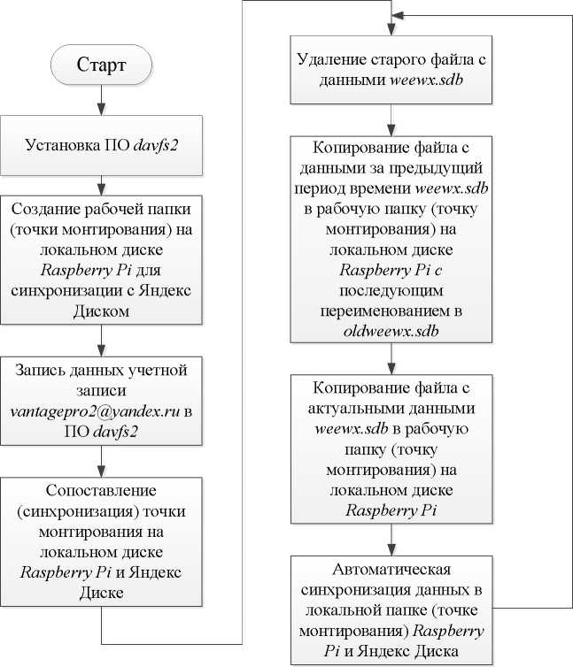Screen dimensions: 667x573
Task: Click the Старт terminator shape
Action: pos(102,65)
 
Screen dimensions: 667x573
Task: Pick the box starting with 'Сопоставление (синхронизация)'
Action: pos(102,540)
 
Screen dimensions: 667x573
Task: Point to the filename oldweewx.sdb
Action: pos(391,332)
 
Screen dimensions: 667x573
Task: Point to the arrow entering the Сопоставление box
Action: pos(102,461)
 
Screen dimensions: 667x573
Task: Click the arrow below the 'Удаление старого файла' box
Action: pos(391,119)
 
